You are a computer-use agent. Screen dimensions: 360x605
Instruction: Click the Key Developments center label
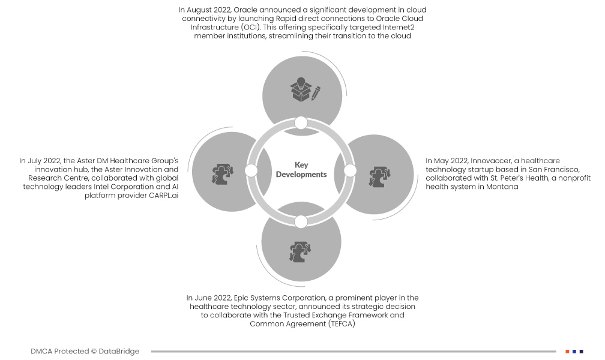(x=301, y=170)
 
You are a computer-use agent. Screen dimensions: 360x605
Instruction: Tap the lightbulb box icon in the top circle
(x=305, y=90)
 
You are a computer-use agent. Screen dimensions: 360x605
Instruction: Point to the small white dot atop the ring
(x=301, y=123)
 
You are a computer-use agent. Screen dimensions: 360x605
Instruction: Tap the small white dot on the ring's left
(x=251, y=171)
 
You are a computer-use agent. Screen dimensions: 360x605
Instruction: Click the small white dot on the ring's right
(x=351, y=171)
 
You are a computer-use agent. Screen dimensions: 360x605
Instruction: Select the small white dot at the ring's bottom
(x=301, y=221)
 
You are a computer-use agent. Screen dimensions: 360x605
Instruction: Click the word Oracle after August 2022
(x=246, y=10)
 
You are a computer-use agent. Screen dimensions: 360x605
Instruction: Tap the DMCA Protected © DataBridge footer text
(x=85, y=351)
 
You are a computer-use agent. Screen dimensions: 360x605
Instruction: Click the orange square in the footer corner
(x=567, y=351)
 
